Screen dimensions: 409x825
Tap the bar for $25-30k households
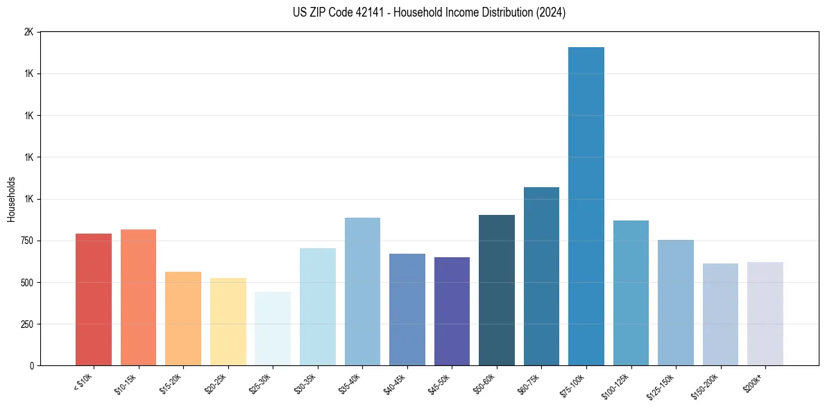(273, 329)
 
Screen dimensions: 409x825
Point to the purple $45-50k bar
(452, 311)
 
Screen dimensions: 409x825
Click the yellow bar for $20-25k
(228, 322)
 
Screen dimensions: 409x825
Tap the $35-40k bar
(362, 291)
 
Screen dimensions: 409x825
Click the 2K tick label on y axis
(28, 33)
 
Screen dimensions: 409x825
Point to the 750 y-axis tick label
(26, 241)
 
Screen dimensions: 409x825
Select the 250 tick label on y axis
(26, 324)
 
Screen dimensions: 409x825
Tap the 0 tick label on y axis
(31, 365)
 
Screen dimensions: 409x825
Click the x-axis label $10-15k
(126, 382)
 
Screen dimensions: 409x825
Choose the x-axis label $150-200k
(706, 384)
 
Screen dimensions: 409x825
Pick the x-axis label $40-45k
(395, 382)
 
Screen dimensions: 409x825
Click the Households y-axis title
(11, 199)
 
